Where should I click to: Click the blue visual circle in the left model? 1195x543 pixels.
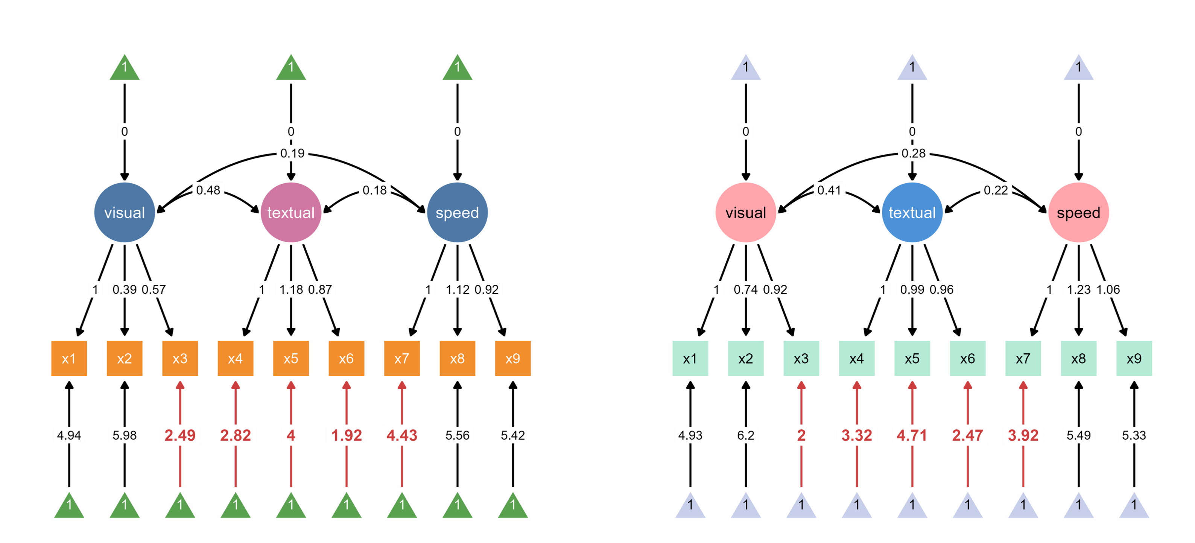(x=124, y=213)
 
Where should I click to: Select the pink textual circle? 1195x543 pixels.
(x=291, y=213)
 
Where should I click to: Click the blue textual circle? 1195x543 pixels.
(x=912, y=213)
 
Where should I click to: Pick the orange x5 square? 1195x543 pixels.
(x=291, y=358)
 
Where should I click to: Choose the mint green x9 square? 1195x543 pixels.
(x=1134, y=358)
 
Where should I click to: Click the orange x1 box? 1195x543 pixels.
(x=68, y=358)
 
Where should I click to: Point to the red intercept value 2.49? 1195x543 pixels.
(x=180, y=435)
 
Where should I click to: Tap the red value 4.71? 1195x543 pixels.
(x=912, y=435)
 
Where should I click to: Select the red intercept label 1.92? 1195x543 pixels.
(x=347, y=435)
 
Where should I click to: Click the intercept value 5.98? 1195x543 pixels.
(x=124, y=435)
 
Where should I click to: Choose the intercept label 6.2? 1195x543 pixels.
(x=745, y=435)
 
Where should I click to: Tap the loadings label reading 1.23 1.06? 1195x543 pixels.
(x=1093, y=290)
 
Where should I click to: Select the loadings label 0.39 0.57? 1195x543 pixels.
(x=139, y=290)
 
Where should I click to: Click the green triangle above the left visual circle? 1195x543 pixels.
(x=124, y=68)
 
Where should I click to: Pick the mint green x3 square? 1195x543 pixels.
(x=801, y=358)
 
